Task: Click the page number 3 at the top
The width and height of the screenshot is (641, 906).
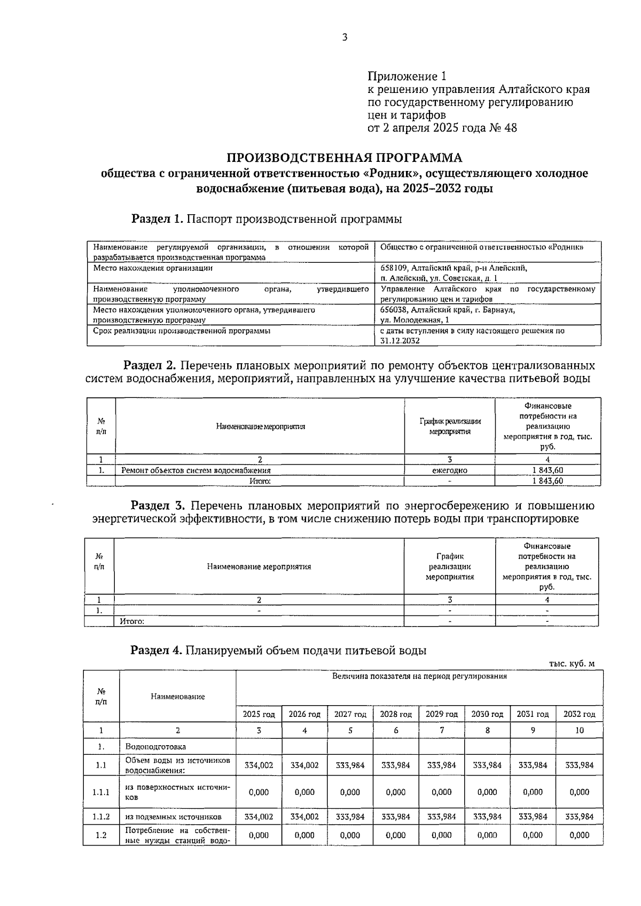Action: pyautogui.click(x=345, y=37)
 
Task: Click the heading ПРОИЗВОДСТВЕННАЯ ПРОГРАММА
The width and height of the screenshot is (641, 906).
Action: pyautogui.click(x=345, y=158)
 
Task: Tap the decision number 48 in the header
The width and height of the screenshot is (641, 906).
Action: pyautogui.click(x=510, y=128)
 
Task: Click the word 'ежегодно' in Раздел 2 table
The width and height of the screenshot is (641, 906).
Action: pyautogui.click(x=449, y=471)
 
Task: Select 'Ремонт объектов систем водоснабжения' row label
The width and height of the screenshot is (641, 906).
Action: pyautogui.click(x=196, y=471)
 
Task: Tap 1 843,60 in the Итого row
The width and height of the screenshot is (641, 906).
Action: pyautogui.click(x=548, y=481)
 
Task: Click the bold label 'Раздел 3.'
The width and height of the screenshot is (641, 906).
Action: pyautogui.click(x=158, y=505)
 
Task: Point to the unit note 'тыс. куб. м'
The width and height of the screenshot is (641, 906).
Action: pyautogui.click(x=572, y=663)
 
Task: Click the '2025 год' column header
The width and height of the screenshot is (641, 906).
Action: pyautogui.click(x=259, y=714)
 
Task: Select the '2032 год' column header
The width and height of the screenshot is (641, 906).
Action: pyautogui.click(x=579, y=714)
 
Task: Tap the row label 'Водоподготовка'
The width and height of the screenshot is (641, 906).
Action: pyautogui.click(x=155, y=746)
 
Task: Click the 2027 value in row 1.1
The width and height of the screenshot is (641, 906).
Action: pyautogui.click(x=350, y=765)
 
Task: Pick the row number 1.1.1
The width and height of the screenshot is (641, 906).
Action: pyautogui.click(x=101, y=792)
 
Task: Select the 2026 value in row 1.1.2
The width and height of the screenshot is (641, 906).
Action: pyautogui.click(x=304, y=817)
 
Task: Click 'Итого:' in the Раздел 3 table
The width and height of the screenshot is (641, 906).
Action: pyautogui.click(x=132, y=621)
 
